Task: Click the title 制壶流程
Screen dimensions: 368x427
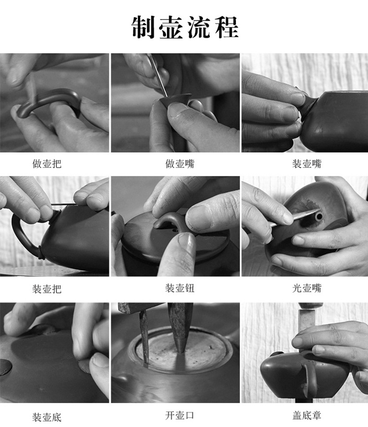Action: click(185, 27)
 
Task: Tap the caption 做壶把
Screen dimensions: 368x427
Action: click(47, 164)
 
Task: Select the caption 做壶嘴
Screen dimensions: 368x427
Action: click(180, 164)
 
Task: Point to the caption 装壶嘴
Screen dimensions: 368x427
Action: click(307, 164)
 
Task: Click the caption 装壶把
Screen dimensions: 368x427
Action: click(47, 288)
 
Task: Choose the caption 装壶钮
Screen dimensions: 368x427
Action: click(180, 288)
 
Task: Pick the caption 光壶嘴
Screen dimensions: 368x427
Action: click(307, 288)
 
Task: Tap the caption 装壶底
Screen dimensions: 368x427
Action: click(47, 417)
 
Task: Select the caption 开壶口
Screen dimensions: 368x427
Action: click(180, 415)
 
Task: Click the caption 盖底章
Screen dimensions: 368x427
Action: click(307, 415)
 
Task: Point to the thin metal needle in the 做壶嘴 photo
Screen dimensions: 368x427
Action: click(158, 75)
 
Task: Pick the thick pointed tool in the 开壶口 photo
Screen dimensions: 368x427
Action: click(180, 327)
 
